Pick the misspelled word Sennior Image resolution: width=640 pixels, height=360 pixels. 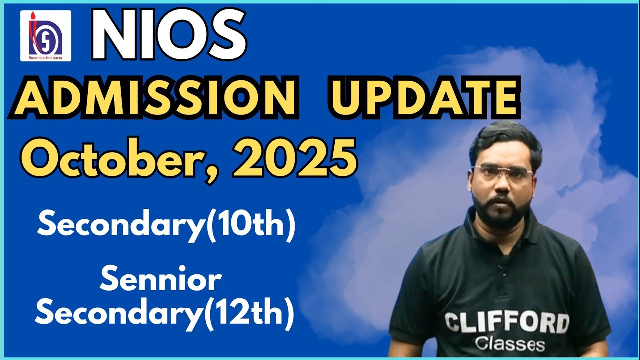pyautogui.click(x=160, y=281)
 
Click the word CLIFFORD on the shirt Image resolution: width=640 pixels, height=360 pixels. pyautogui.click(x=506, y=323)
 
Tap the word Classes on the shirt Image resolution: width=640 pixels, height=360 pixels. pyautogui.click(x=510, y=344)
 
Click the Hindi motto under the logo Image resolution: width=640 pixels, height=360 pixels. pyautogui.click(x=45, y=57)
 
